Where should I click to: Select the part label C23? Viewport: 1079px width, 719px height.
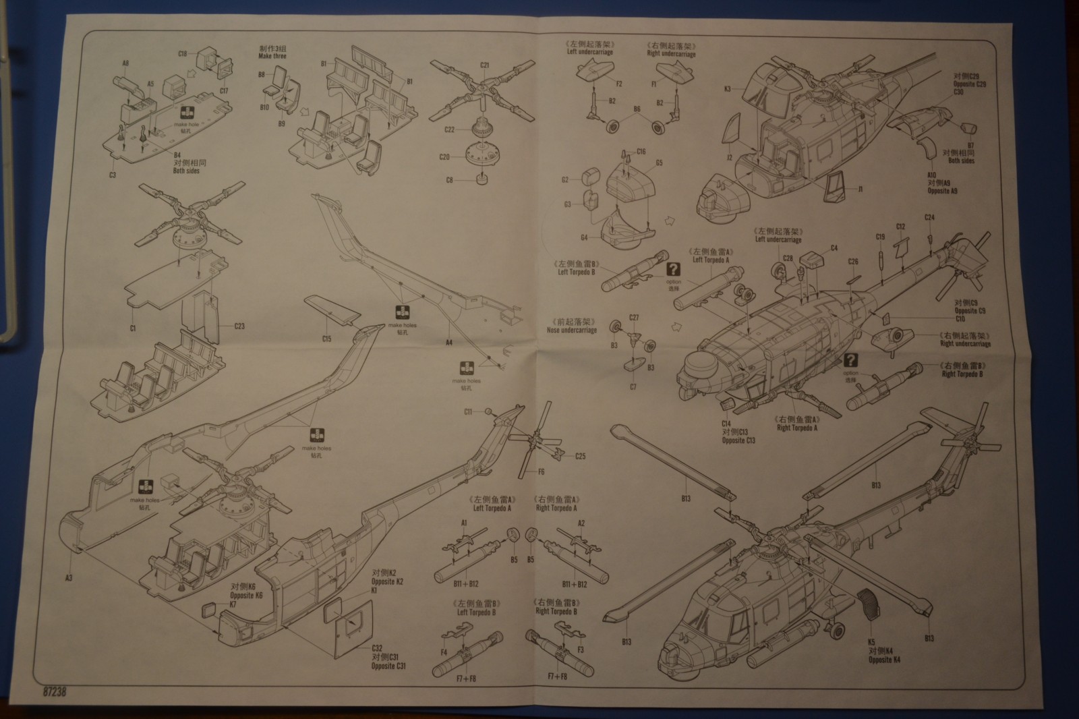click(x=239, y=326)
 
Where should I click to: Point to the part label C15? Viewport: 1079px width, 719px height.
click(x=326, y=339)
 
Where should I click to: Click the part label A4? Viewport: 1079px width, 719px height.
click(x=449, y=343)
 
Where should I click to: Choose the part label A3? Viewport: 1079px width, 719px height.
click(x=69, y=577)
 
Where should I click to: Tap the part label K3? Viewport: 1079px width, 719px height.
click(x=728, y=88)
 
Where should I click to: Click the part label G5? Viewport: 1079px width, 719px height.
click(x=659, y=163)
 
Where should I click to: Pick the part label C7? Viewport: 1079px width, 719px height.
click(x=633, y=387)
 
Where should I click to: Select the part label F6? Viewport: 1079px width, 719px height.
click(x=541, y=471)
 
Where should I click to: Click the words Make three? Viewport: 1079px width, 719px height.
click(x=272, y=57)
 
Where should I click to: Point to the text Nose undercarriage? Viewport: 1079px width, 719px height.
click(x=573, y=330)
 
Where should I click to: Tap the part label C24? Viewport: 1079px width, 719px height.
click(x=929, y=217)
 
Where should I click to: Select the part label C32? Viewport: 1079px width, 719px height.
click(x=376, y=648)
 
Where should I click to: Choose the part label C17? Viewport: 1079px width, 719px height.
click(x=224, y=90)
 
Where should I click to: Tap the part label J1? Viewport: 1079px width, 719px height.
click(x=861, y=190)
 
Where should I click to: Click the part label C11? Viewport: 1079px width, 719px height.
click(x=468, y=411)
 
